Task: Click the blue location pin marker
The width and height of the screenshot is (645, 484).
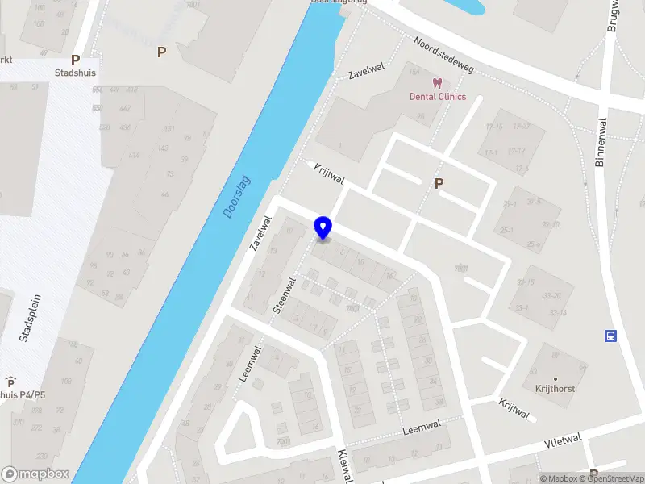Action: pos(323,228)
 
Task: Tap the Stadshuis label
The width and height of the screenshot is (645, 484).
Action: pos(74,73)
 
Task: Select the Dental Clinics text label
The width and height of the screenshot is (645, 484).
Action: pos(438,97)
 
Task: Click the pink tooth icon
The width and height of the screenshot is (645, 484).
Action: pos(438,83)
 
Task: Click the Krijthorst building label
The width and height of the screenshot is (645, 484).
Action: pos(556,388)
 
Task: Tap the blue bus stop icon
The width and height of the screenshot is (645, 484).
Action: pos(611,336)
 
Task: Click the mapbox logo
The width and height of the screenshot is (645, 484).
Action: pos(35,474)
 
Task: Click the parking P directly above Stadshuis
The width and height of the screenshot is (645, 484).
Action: pos(76,60)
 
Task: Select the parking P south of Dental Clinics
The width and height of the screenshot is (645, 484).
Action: pos(439,184)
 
